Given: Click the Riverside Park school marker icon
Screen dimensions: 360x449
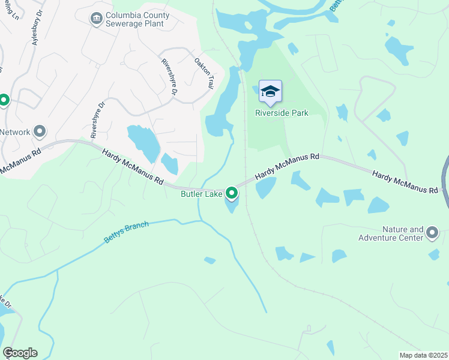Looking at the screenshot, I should coord(270,92).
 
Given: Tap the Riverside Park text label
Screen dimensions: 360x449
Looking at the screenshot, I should coord(282,113).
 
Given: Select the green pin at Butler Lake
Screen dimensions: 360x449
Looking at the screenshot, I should coord(232,193).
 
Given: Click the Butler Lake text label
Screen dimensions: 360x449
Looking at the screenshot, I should coord(202,194).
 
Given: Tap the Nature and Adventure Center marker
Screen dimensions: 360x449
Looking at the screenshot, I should coord(432,232).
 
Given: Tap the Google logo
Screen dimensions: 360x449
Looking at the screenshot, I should coord(20,353).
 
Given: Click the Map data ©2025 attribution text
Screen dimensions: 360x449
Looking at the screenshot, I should coord(423,355).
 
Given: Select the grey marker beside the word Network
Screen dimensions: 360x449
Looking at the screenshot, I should coord(40,131).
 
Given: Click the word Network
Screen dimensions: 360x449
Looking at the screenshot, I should coord(16,132).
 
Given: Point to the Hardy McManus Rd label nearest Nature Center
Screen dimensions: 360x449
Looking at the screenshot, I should coord(405,181).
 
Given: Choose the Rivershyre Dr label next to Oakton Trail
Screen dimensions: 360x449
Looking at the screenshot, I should coord(169,77).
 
